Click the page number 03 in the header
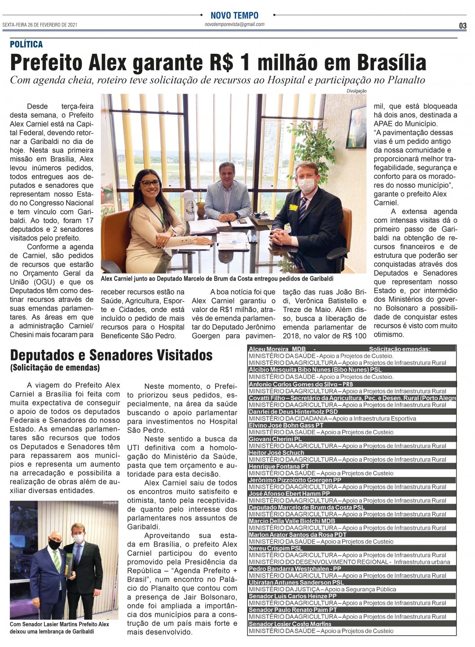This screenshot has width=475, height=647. click(x=462, y=26)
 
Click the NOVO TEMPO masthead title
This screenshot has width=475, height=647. click(x=234, y=15)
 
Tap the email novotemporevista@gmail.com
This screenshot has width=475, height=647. click(x=234, y=25)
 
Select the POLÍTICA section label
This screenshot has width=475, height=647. click(x=26, y=44)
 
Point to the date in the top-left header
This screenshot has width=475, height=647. click(x=40, y=25)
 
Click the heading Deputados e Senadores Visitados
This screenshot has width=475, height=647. click(x=111, y=355)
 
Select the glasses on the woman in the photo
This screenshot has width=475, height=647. click(x=150, y=183)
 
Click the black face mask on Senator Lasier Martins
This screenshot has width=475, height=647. click(x=55, y=545)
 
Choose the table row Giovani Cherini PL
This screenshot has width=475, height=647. click(x=275, y=439)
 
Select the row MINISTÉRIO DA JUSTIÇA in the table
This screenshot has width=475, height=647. click(x=322, y=589)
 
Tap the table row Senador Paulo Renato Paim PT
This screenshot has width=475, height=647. click(x=293, y=610)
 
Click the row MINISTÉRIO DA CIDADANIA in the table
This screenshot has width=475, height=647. click(x=332, y=418)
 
